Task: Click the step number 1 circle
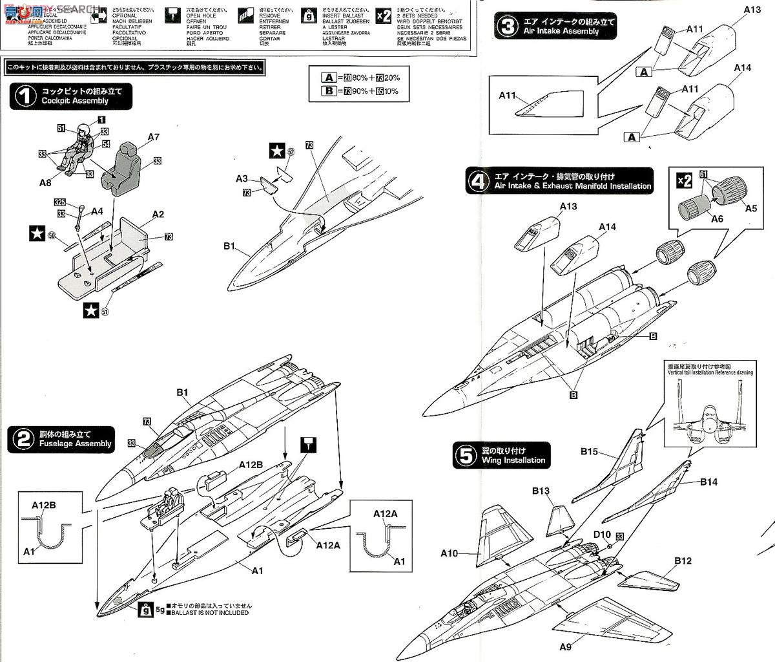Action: [25, 97]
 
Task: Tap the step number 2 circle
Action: [23, 440]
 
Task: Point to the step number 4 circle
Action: [477, 182]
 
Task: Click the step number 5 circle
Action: [465, 455]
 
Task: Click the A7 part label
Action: [153, 136]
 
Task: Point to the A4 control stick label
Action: [97, 211]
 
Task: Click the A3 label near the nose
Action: [242, 178]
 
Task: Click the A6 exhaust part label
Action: [716, 219]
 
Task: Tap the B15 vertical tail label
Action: [589, 452]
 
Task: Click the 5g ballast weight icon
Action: [147, 608]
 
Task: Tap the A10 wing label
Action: [449, 553]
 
